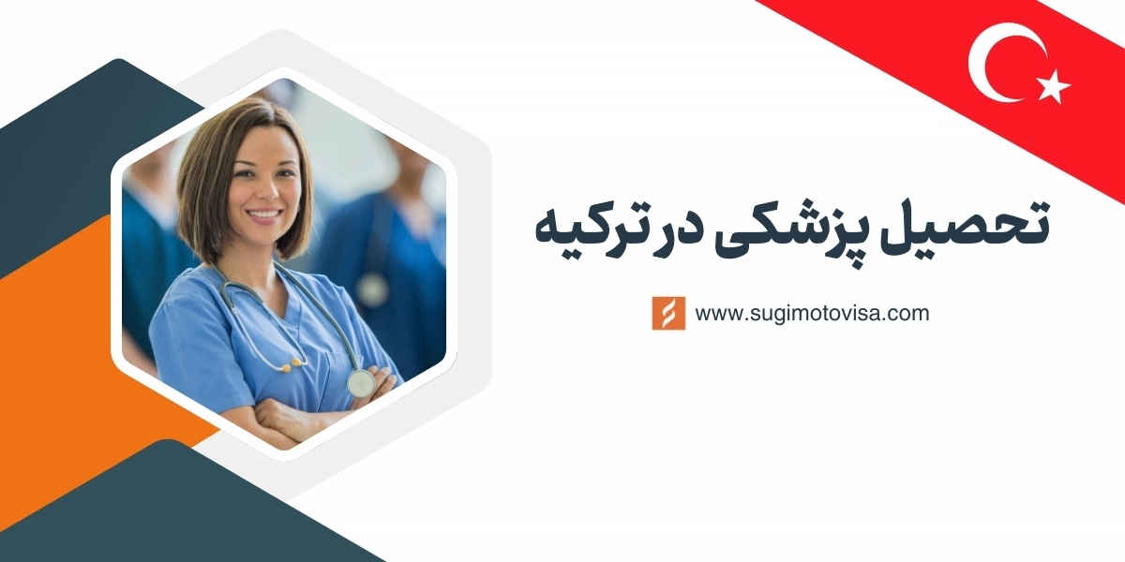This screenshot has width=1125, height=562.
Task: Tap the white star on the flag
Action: pos(1054,86)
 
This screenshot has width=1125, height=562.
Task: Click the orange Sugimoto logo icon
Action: pos(668,314)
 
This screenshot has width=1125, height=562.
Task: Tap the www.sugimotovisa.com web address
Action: pos(812,314)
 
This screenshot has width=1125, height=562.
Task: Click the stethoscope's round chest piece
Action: pos(361,382)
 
